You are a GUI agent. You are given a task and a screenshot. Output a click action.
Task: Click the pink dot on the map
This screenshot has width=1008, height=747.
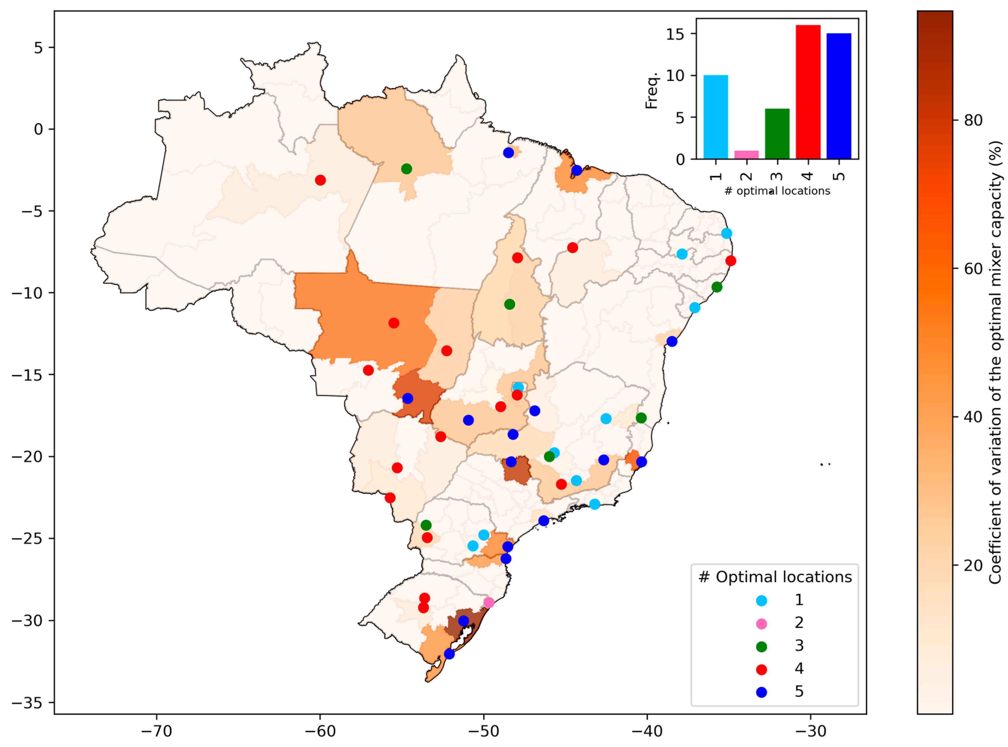point(488,603)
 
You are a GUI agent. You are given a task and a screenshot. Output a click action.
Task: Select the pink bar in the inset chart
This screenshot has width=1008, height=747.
point(746,155)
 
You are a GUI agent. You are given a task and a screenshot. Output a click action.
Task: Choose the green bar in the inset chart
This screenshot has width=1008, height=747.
point(777,134)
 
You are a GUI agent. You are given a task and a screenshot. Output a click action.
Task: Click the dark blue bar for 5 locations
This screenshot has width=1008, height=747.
point(839,96)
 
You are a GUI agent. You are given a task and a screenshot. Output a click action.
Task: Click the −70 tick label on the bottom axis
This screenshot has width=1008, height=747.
point(156,731)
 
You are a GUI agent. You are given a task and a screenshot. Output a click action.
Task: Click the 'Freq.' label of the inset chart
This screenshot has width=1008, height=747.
point(652,90)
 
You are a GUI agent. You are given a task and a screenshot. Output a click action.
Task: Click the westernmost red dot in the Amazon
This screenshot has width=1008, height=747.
point(320,180)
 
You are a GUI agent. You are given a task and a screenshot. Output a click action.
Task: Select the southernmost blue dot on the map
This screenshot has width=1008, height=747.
point(449,654)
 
